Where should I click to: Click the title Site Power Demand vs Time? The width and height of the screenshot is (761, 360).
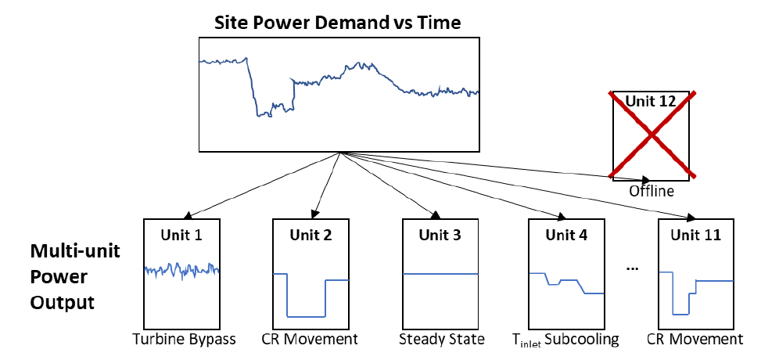pyautogui.click(x=338, y=23)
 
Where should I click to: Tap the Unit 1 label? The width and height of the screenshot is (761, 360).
pyautogui.click(x=182, y=233)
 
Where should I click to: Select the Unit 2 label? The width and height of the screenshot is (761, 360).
pyautogui.click(x=311, y=233)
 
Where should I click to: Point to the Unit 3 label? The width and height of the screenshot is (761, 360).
pyautogui.click(x=439, y=233)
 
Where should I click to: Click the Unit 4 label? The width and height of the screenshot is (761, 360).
pyautogui.click(x=568, y=233)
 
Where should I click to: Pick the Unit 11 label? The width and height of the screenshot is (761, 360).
pyautogui.click(x=696, y=233)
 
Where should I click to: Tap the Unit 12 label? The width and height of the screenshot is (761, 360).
pyautogui.click(x=652, y=102)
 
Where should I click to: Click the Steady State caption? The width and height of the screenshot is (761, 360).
pyautogui.click(x=441, y=340)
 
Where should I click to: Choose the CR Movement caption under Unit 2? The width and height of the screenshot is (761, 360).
pyautogui.click(x=311, y=340)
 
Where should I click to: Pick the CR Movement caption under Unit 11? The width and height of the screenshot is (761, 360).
pyautogui.click(x=695, y=340)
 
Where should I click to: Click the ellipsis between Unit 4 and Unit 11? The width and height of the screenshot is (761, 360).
pyautogui.click(x=634, y=268)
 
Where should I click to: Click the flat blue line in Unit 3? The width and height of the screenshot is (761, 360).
pyautogui.click(x=439, y=274)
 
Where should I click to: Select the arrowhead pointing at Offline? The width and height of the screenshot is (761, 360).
pyautogui.click(x=646, y=179)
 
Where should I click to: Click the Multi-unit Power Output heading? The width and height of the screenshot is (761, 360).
pyautogui.click(x=63, y=278)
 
